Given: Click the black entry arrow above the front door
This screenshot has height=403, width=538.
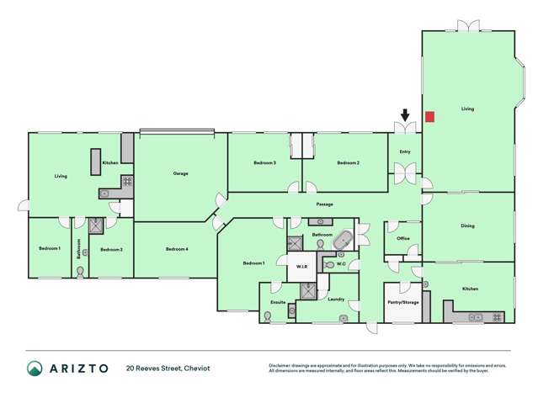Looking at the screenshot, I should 405,115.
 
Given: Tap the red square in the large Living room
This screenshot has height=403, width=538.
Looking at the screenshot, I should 429,117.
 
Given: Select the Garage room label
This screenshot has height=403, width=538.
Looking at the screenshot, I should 180,173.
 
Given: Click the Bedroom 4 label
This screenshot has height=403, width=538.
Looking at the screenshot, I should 177,249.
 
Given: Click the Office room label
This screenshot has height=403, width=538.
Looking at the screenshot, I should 402,238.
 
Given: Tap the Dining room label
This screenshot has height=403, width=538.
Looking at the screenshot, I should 467,225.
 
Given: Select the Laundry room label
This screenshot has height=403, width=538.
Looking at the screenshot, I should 335,300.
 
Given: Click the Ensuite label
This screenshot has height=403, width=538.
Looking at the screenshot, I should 277,301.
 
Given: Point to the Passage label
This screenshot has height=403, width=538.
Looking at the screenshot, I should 324,204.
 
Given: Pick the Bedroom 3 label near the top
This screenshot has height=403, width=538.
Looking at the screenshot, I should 265,162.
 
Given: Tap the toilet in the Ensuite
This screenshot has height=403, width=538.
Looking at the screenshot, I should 268,316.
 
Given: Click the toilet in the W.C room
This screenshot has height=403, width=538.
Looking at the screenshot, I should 328,264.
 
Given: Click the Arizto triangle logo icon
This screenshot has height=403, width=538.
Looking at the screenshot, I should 35,369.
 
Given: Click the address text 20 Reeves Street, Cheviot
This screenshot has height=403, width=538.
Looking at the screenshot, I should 168,369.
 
